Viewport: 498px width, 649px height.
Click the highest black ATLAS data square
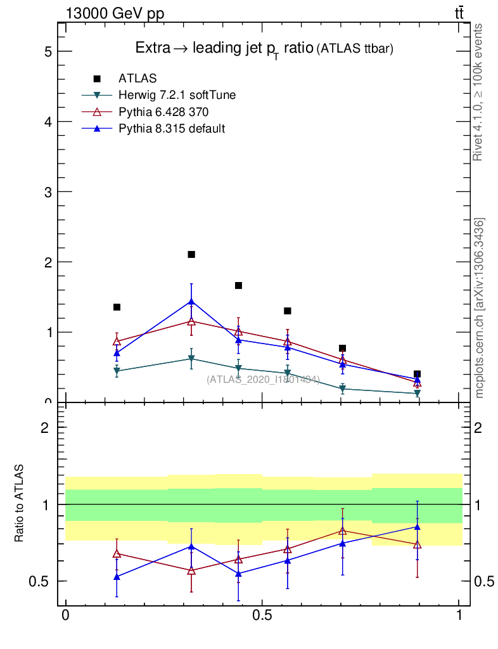click(x=191, y=254)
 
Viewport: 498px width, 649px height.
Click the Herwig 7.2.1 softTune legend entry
click(x=177, y=95)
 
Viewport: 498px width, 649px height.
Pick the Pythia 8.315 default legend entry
click(x=172, y=128)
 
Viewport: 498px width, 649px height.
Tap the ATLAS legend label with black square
click(x=137, y=79)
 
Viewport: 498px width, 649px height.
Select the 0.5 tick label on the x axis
click(x=262, y=615)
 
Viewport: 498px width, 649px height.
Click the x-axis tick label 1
click(x=459, y=615)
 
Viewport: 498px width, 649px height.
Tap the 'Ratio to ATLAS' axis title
click(x=20, y=503)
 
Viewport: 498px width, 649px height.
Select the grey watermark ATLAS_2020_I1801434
click(x=263, y=380)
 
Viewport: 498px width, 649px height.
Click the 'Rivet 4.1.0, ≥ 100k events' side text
click(x=478, y=93)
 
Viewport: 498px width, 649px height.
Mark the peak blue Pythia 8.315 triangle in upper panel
click(x=191, y=301)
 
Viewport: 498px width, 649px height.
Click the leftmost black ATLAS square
click(x=117, y=307)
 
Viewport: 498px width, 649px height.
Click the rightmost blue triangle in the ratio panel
click(x=417, y=526)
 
